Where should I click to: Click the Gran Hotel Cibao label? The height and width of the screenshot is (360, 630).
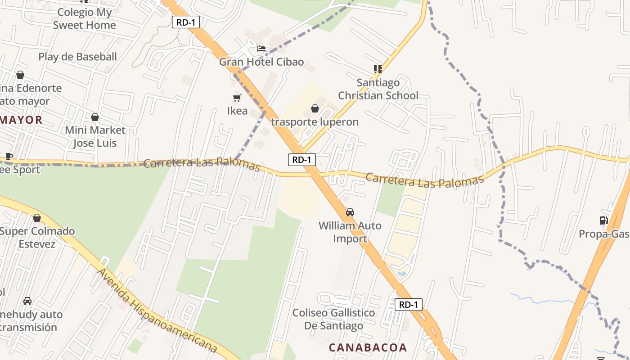click(261, 62)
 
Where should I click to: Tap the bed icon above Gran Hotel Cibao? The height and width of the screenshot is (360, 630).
click(261, 49)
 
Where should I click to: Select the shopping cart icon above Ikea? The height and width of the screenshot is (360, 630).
click(237, 98)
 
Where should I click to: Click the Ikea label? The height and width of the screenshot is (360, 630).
click(237, 111)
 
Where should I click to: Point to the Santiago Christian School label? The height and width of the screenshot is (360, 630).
click(378, 89)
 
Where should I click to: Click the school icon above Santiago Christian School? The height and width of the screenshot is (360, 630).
click(378, 69)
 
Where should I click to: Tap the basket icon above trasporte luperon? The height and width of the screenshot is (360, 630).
click(315, 108)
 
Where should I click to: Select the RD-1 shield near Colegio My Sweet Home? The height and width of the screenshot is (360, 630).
click(186, 22)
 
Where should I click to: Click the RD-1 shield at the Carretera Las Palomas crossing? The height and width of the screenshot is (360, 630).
click(301, 159)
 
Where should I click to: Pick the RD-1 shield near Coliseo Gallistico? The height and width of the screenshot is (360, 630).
click(409, 305)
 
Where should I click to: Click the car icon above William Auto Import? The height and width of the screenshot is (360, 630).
click(350, 212)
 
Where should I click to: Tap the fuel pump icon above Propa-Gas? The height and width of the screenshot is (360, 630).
click(603, 220)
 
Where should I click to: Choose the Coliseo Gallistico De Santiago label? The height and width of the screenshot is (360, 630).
click(333, 319)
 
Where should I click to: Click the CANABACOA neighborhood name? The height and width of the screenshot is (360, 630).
click(368, 347)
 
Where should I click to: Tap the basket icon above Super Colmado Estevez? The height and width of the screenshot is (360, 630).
click(37, 218)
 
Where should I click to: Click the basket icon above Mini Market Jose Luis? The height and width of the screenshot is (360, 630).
click(95, 117)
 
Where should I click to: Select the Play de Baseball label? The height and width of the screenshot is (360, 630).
click(77, 57)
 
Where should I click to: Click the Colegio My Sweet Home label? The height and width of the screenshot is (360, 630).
click(84, 19)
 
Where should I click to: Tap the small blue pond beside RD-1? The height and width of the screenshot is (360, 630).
click(402, 273)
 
